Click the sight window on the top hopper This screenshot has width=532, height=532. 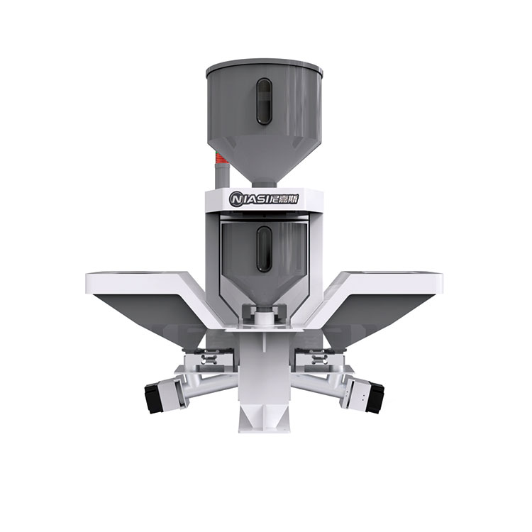coord(264,101)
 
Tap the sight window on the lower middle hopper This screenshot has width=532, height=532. coord(264,249)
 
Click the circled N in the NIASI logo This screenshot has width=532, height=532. coord(235,199)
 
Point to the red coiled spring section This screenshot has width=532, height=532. coord(219,157)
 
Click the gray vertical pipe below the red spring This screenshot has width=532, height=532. coord(222,175)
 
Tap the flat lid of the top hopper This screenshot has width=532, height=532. coord(265,65)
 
